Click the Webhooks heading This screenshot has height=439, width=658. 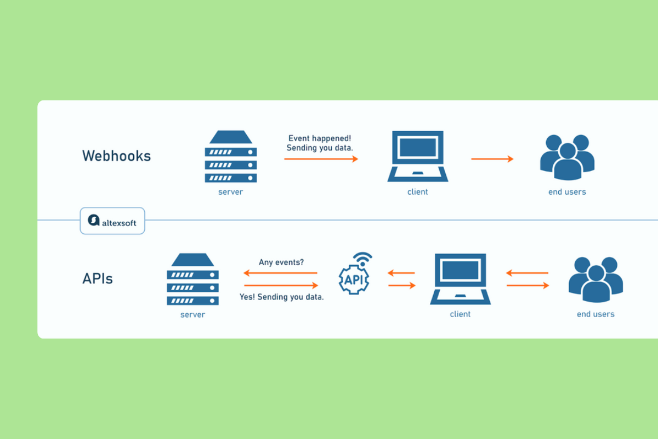[116, 156]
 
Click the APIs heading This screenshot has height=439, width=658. [98, 278]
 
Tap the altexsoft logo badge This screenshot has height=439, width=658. [112, 221]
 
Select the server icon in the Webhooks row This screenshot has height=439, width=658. [231, 156]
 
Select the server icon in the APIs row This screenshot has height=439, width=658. [192, 279]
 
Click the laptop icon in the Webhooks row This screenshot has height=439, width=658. [418, 156]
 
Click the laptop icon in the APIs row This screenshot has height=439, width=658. [460, 279]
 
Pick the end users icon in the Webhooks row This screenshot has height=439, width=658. [567, 157]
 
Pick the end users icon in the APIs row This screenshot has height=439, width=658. [595, 280]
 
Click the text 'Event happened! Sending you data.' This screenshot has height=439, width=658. [320, 143]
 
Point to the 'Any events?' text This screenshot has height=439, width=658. [281, 262]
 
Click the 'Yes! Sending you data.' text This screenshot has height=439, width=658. [281, 297]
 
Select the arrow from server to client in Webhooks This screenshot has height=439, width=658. [321, 159]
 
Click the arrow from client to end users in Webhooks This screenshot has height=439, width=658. [492, 159]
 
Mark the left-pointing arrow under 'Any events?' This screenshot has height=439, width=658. [281, 273]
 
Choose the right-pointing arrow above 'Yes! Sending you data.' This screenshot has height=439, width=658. [281, 285]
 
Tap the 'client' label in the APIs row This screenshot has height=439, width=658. [460, 314]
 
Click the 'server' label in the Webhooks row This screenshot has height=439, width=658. [231, 192]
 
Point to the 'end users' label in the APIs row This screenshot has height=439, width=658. [595, 314]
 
